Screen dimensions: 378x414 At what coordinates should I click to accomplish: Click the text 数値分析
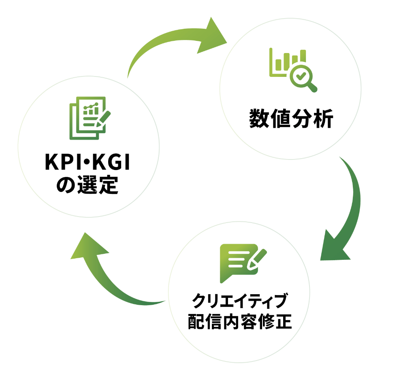[291, 119]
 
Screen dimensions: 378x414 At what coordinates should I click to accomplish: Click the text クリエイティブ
[240, 301]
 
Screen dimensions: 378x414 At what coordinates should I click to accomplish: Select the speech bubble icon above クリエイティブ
[238, 262]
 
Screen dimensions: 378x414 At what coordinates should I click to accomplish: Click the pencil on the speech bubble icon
[257, 259]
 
